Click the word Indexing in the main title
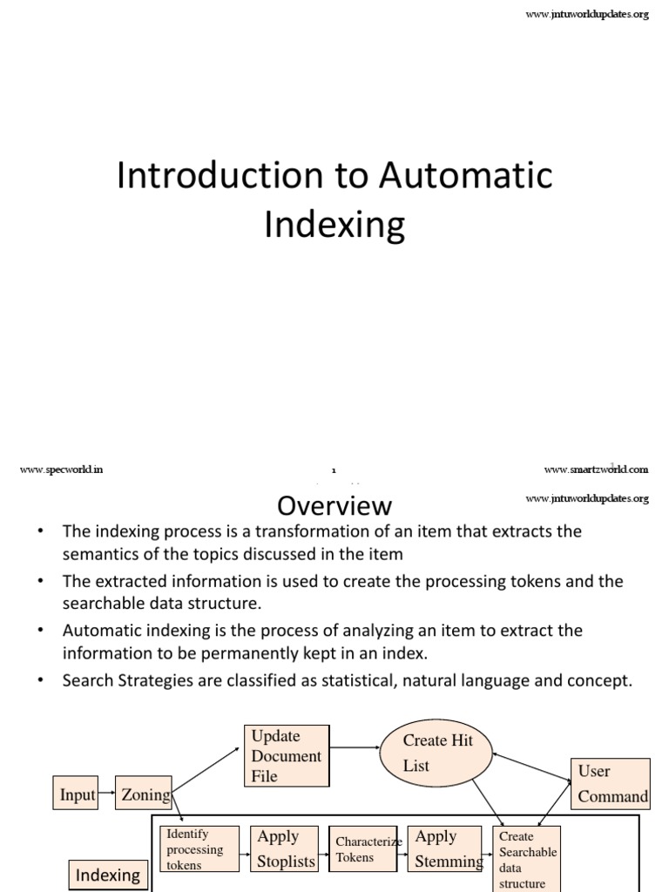pyautogui.click(x=334, y=225)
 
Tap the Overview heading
pyautogui.click(x=334, y=506)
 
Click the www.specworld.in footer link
pyautogui.click(x=61, y=470)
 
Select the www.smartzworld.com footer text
pyautogui.click(x=596, y=470)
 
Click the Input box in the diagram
pyautogui.click(x=78, y=794)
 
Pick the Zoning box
pyautogui.click(x=144, y=794)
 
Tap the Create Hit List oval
pyautogui.click(x=436, y=753)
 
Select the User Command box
pyautogui.click(x=611, y=782)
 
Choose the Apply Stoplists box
pyautogui.click(x=284, y=849)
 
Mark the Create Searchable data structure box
pyautogui.click(x=526, y=859)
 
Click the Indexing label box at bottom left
pyautogui.click(x=108, y=875)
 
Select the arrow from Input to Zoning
pyautogui.click(x=105, y=794)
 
